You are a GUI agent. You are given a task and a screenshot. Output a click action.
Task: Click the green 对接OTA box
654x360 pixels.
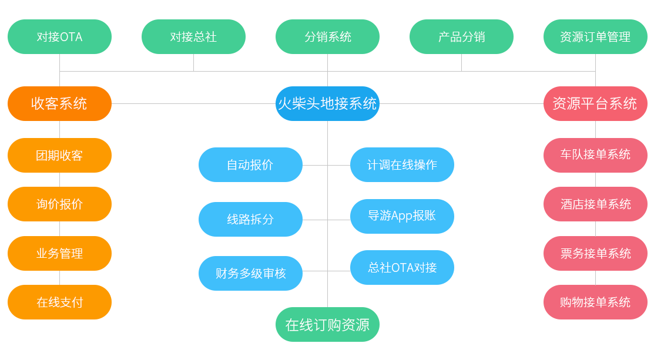pyautogui.click(x=59, y=36)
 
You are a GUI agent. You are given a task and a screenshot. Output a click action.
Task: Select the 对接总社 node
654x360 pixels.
pyautogui.click(x=193, y=36)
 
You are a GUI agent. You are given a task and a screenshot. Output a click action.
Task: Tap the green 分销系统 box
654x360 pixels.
pyautogui.click(x=327, y=36)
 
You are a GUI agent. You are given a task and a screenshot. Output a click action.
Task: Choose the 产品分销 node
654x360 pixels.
pyautogui.click(x=461, y=36)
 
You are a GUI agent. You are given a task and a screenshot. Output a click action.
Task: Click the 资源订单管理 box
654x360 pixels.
pyautogui.click(x=595, y=36)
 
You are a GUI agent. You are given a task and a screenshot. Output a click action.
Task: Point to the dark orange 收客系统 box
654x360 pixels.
pyautogui.click(x=59, y=103)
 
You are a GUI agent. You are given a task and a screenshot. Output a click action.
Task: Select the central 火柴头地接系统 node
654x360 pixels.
pyautogui.click(x=327, y=103)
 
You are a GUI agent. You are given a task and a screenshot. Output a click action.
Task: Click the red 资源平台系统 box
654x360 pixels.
pyautogui.click(x=595, y=103)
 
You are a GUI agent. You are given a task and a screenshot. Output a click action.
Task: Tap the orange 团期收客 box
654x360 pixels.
pyautogui.click(x=59, y=155)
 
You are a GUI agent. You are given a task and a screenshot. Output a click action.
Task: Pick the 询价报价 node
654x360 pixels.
pyautogui.click(x=59, y=204)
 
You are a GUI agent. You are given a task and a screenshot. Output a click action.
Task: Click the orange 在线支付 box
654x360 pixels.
pyautogui.click(x=59, y=302)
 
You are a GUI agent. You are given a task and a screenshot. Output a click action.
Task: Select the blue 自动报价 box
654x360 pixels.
pyautogui.click(x=250, y=164)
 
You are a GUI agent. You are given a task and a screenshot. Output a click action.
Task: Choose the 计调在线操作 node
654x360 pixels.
pyautogui.click(x=402, y=164)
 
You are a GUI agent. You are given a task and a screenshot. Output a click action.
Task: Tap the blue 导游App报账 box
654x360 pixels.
pyautogui.click(x=402, y=216)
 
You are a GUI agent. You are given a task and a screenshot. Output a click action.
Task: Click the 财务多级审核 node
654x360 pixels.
pyautogui.click(x=250, y=273)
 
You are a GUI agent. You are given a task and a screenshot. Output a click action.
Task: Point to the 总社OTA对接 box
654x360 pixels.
pyautogui.click(x=402, y=267)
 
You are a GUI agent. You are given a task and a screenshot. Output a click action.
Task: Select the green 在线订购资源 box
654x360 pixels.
pyautogui.click(x=327, y=324)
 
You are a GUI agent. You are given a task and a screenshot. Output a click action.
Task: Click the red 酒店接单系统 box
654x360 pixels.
pyautogui.click(x=595, y=204)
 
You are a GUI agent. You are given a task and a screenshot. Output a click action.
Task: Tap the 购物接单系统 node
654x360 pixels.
pyautogui.click(x=595, y=302)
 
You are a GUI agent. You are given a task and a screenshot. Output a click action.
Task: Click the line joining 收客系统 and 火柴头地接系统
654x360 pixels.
pyautogui.click(x=194, y=103)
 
